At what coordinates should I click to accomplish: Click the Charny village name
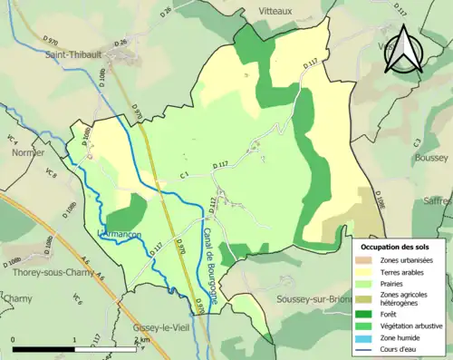(17, 297)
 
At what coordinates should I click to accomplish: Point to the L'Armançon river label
(120, 234)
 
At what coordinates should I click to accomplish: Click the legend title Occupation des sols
(397, 247)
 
